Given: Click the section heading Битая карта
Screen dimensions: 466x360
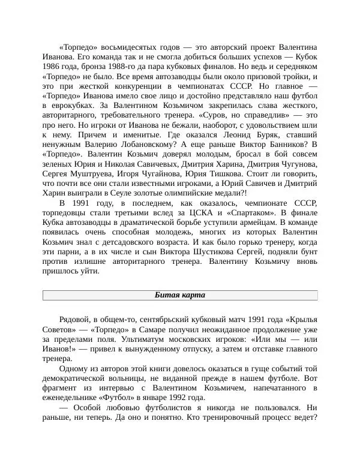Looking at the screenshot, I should [180, 294].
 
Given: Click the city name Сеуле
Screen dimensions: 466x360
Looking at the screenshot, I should [130, 193].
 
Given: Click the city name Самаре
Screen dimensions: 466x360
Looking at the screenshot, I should [163, 329].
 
